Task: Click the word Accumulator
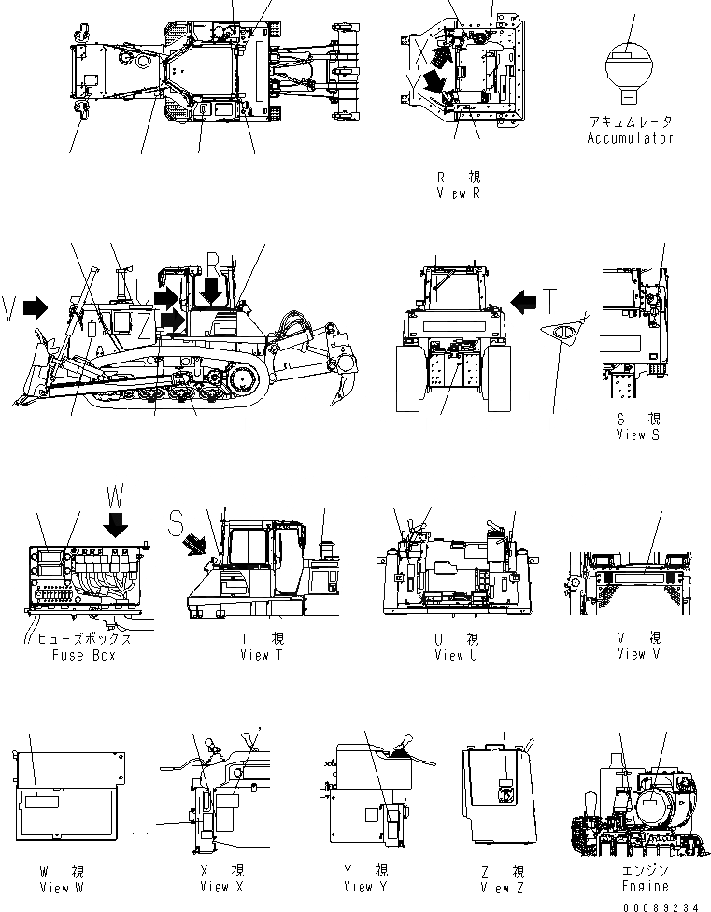point(630,138)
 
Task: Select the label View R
point(458,193)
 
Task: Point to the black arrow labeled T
point(525,301)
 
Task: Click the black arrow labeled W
point(116,525)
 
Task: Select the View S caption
point(638,435)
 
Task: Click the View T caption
point(261,654)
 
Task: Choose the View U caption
point(456,655)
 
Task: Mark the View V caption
point(638,654)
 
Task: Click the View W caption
point(58,886)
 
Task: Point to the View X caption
point(221,886)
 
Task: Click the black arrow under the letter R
point(211,291)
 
